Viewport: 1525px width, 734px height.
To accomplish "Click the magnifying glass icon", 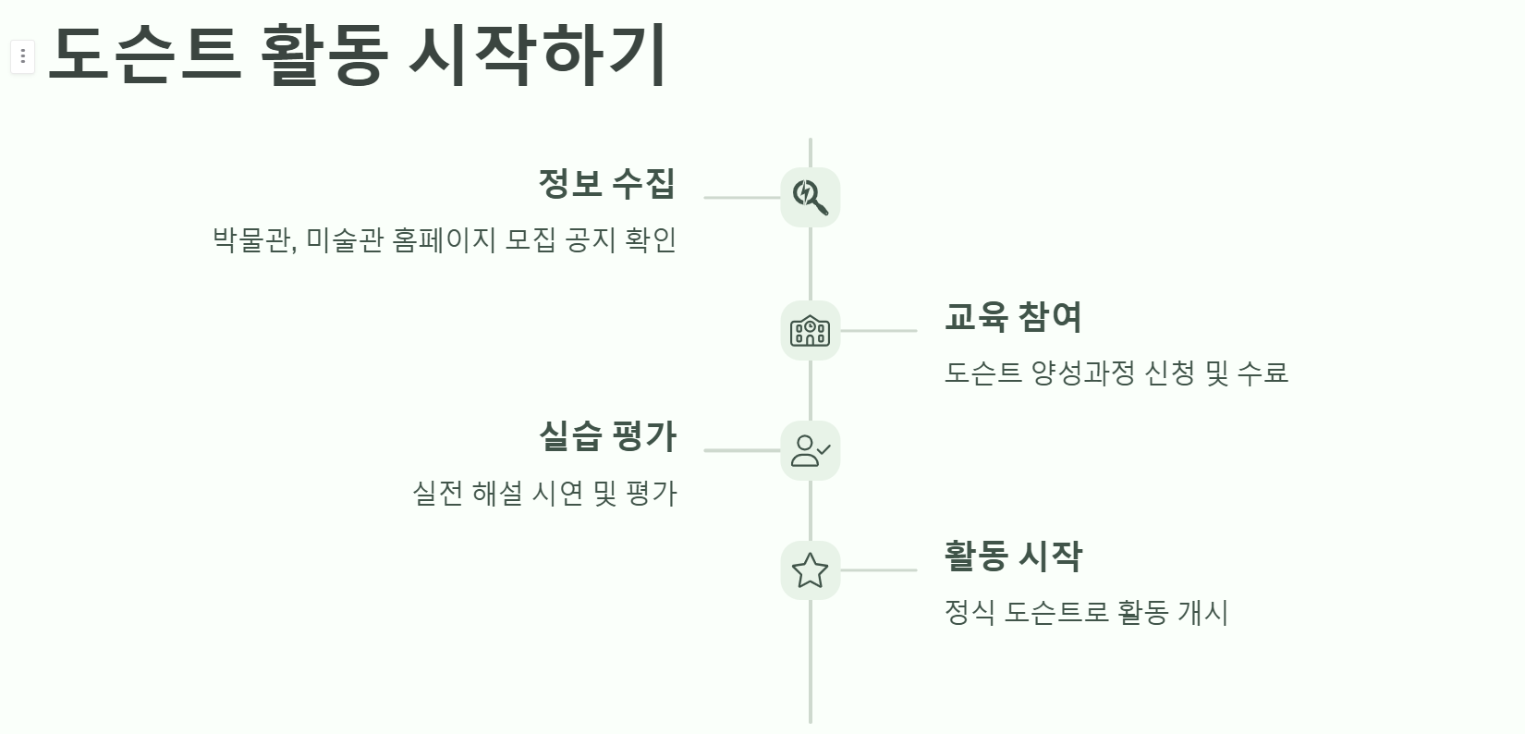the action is pyautogui.click(x=810, y=197).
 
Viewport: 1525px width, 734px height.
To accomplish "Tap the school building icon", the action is pyautogui.click(x=810, y=330).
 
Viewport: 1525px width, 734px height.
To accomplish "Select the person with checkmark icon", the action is pyautogui.click(x=810, y=450).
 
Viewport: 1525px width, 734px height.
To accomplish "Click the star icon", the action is pyautogui.click(x=810, y=570).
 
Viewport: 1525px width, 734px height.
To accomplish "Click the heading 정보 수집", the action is pyautogui.click(x=606, y=183).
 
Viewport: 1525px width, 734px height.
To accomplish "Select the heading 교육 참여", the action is pyautogui.click(x=1013, y=316).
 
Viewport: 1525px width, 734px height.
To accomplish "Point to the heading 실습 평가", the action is pyautogui.click(x=607, y=435).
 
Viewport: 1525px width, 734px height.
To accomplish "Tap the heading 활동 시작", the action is pyautogui.click(x=1013, y=556).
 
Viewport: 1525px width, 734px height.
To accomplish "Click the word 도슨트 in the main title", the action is pyautogui.click(x=144, y=54).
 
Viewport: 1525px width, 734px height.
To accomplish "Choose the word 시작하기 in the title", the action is pyautogui.click(x=537, y=54).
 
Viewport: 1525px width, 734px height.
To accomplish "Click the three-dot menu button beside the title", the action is pyautogui.click(x=22, y=57).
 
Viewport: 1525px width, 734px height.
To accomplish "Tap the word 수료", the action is pyautogui.click(x=1262, y=373).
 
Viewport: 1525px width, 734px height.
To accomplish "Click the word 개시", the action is pyautogui.click(x=1202, y=612).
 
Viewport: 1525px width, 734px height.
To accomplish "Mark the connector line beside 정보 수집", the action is pyautogui.click(x=741, y=197).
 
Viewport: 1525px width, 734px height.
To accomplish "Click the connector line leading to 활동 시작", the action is pyautogui.click(x=878, y=570).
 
